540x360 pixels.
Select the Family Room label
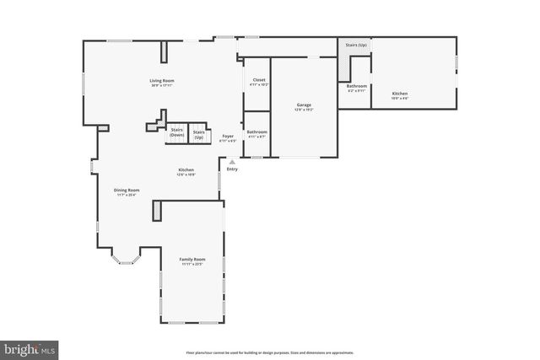[x=192, y=259]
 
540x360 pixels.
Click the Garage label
[x=304, y=105]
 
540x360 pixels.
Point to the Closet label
[x=259, y=80]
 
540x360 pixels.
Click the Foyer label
[x=228, y=136]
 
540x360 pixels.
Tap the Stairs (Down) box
[x=177, y=132]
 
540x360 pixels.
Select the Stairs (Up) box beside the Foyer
[x=199, y=134]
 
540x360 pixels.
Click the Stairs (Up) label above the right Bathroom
[x=356, y=44]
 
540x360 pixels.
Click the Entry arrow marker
[x=232, y=162]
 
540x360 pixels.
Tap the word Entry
[x=232, y=169]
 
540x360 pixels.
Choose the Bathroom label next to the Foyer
[x=256, y=132]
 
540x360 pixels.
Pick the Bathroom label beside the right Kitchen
[x=356, y=85]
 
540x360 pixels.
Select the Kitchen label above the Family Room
[x=186, y=170]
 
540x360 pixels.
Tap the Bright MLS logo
[x=30, y=347]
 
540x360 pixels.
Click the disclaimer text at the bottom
[x=269, y=352]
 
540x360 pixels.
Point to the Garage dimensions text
[x=304, y=110]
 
